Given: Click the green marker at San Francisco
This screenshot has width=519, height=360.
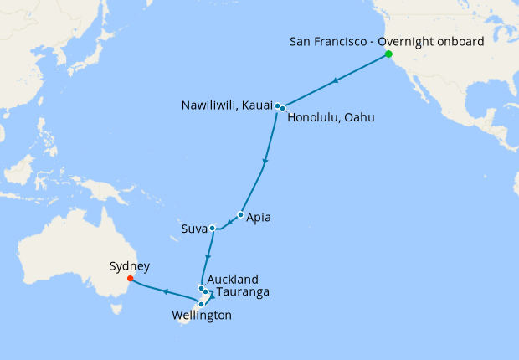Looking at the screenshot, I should (388, 55).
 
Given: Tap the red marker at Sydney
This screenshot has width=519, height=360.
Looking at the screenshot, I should (130, 279).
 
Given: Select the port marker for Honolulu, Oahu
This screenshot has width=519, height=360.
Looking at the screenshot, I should (283, 108).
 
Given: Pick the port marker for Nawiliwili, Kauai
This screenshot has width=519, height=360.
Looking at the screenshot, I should (277, 106).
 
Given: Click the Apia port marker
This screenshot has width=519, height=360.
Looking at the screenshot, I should (240, 215).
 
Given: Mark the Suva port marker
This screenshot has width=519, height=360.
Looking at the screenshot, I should (213, 228).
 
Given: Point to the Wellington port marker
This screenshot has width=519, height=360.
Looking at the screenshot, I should (202, 304).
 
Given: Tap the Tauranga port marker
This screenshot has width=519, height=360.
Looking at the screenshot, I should (206, 292).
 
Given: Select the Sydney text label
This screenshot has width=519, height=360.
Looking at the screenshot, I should (130, 266).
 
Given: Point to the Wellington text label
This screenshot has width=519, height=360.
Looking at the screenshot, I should (201, 316).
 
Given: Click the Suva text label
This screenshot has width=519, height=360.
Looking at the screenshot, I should (193, 228).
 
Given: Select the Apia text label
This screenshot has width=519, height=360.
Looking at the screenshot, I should (259, 218).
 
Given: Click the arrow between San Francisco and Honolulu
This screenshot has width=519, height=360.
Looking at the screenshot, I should (336, 81).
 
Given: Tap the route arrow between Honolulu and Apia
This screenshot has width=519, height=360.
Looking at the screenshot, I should (265, 162).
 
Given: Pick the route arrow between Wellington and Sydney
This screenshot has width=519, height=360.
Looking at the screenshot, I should (166, 292).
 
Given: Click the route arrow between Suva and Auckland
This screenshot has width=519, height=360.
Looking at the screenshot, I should (208, 256).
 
